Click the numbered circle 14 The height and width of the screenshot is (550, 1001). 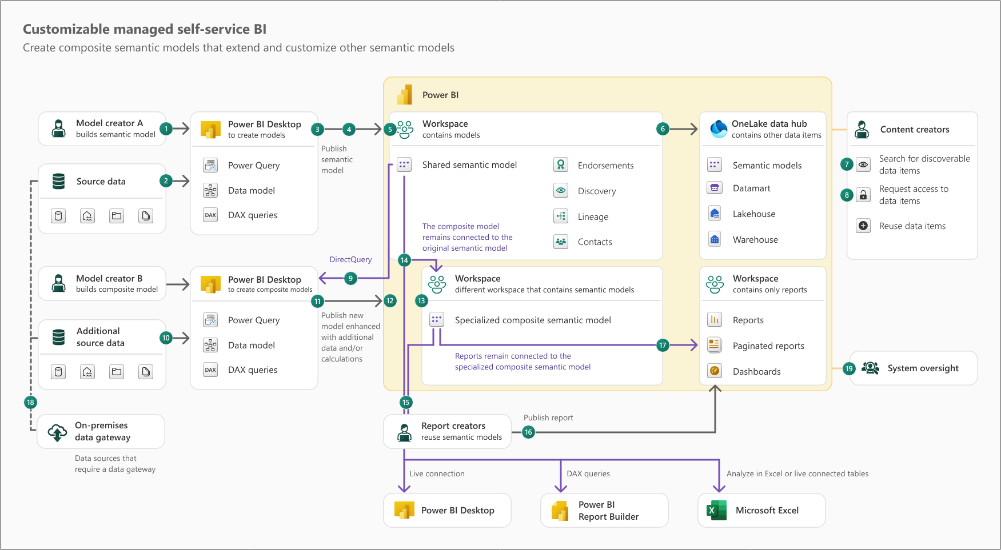404,260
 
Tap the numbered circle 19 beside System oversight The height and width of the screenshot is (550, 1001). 849,368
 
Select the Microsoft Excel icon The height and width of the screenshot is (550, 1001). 716,510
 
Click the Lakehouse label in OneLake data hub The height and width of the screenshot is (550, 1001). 753,214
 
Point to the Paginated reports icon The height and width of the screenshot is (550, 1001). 714,345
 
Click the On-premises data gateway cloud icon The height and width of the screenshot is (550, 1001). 57,432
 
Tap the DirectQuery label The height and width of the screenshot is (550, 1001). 350,259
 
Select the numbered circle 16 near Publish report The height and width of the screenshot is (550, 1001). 528,432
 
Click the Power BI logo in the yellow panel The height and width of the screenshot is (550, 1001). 405,95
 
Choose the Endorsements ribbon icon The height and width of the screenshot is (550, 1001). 561,165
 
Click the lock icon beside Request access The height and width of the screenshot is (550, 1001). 863,195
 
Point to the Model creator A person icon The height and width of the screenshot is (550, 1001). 58,129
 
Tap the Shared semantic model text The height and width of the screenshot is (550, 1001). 469,164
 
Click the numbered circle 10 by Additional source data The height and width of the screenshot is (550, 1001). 166,338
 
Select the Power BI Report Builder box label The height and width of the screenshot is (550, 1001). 608,511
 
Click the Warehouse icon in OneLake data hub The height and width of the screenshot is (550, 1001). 715,239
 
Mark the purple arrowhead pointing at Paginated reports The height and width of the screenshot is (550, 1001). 694,345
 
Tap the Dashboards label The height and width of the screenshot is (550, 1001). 756,371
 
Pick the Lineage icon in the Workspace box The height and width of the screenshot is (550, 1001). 561,216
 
